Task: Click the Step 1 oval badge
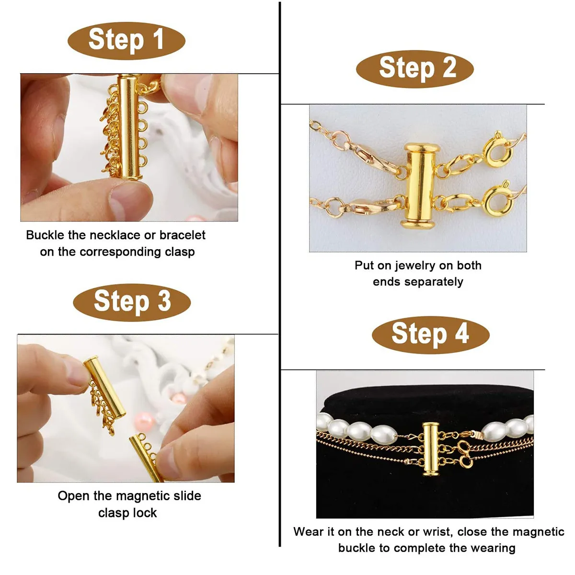tap(126, 40)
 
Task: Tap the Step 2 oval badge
tap(414, 68)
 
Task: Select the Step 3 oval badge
tap(132, 301)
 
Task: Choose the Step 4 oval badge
tap(430, 334)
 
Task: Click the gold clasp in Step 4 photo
tap(430, 448)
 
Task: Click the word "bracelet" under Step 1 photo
tap(182, 235)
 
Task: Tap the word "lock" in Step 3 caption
tap(146, 513)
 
